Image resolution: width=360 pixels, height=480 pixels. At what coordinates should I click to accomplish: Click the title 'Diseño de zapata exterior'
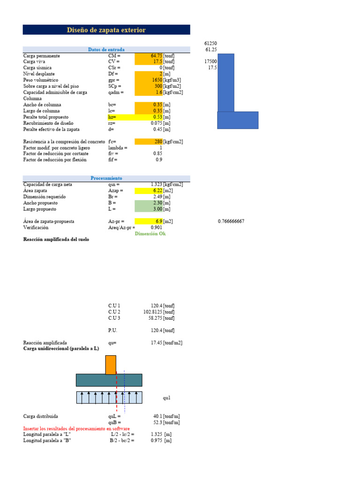click(106, 30)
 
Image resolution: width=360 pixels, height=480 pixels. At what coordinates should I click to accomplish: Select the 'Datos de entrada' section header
click(106, 50)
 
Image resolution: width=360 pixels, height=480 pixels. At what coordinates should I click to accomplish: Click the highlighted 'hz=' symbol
click(112, 117)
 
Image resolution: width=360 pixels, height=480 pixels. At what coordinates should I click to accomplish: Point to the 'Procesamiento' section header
click(106, 179)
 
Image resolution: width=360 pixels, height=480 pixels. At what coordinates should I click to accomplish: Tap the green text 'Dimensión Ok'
click(150, 233)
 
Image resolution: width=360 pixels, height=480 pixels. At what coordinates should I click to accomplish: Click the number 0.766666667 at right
click(231, 221)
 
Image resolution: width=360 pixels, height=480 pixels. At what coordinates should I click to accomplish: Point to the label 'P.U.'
click(112, 330)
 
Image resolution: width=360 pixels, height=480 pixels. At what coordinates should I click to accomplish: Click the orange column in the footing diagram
click(111, 365)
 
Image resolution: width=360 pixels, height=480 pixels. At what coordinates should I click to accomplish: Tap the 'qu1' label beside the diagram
click(167, 398)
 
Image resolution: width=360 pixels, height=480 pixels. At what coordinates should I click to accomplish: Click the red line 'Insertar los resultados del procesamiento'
click(76, 428)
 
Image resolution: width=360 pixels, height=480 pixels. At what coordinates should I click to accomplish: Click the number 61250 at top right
click(210, 43)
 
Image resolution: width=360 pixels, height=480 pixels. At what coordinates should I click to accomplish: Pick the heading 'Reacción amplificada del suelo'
click(56, 240)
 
